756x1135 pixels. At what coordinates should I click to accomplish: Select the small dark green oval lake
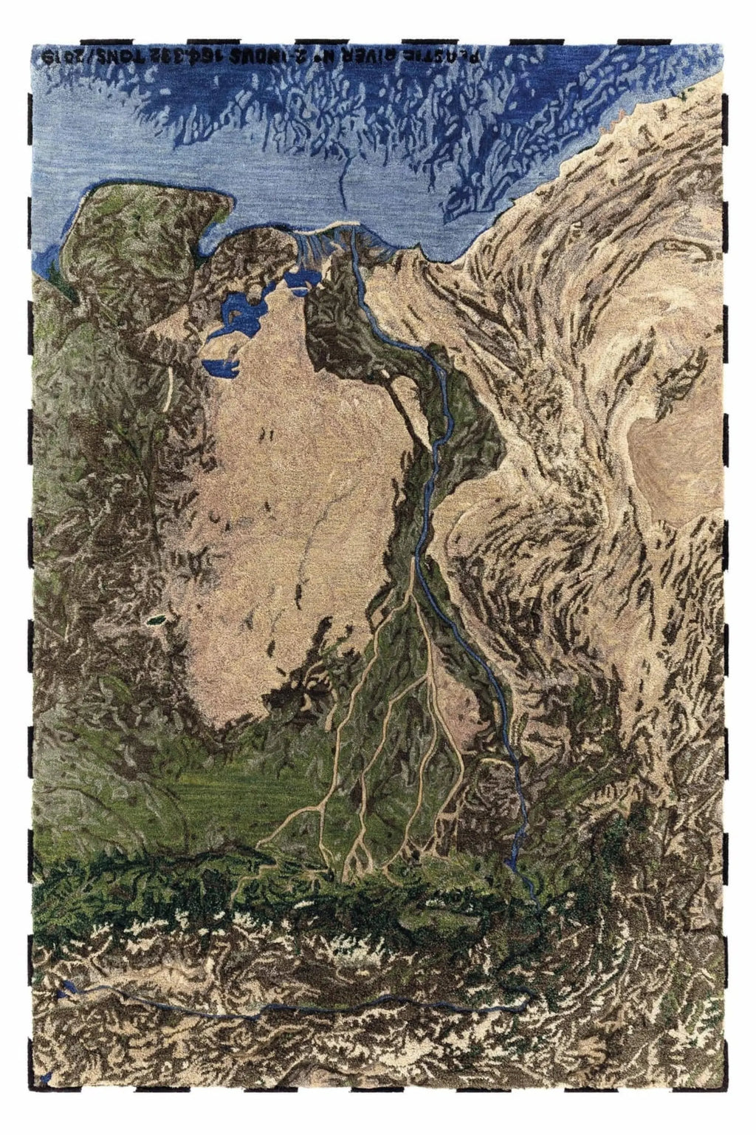tap(157, 620)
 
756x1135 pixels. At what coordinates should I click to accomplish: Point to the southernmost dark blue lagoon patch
tap(221, 366)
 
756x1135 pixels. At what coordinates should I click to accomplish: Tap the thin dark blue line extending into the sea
tap(343, 185)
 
